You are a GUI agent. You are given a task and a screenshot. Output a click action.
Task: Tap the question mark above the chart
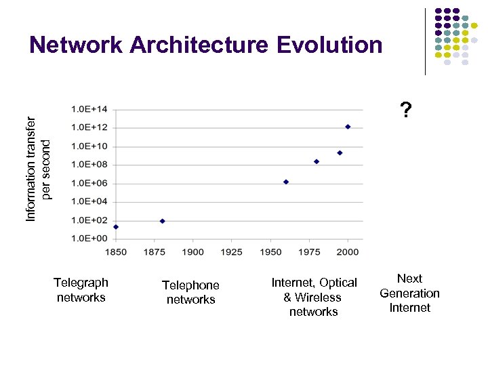pyautogui.click(x=405, y=109)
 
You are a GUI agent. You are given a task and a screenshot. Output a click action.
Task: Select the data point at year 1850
pyautogui.click(x=116, y=227)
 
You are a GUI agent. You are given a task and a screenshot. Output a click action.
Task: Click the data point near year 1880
pyautogui.click(x=162, y=221)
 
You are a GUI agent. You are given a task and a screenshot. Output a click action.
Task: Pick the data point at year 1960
pyautogui.click(x=286, y=182)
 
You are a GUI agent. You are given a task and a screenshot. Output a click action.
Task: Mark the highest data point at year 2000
pyautogui.click(x=348, y=126)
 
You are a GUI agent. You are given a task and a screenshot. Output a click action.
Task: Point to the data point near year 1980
pyautogui.click(x=317, y=161)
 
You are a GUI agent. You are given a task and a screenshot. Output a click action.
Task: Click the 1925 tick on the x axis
pyautogui.click(x=232, y=252)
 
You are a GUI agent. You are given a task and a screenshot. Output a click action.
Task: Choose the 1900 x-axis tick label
pyautogui.click(x=193, y=252)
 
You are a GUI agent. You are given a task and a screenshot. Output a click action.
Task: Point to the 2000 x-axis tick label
pyautogui.click(x=348, y=252)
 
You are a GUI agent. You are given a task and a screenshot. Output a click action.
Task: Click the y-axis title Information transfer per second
pyautogui.click(x=39, y=167)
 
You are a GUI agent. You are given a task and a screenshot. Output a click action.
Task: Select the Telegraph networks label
pyautogui.click(x=81, y=289)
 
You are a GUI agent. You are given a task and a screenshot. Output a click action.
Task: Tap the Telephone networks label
pyautogui.click(x=190, y=292)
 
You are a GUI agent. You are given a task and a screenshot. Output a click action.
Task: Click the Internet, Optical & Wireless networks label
pyautogui.click(x=314, y=297)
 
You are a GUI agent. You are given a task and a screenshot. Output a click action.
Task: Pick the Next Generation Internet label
pyautogui.click(x=409, y=293)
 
